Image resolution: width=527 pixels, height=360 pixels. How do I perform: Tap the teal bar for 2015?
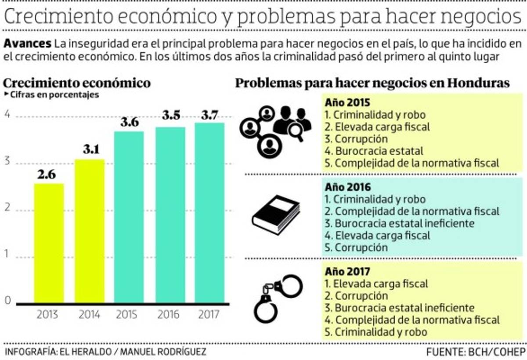(x=129, y=217)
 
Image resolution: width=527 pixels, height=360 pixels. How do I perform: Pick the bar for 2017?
(x=209, y=213)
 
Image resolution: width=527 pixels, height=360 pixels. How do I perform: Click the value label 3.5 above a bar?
(x=170, y=116)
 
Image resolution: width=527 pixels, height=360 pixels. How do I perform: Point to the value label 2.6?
(x=47, y=175)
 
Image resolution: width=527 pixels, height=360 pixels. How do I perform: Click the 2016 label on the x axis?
(x=169, y=315)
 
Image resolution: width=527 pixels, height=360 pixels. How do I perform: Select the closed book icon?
(x=276, y=216)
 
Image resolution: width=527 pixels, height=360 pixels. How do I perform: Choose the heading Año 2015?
(x=347, y=103)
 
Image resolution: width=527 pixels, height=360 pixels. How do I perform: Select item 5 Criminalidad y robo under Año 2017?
(x=376, y=332)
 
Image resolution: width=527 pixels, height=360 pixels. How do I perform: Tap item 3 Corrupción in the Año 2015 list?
(x=356, y=139)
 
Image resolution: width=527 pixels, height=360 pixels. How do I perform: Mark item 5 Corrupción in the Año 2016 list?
(x=356, y=247)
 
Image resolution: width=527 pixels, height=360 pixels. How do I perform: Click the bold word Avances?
(x=27, y=44)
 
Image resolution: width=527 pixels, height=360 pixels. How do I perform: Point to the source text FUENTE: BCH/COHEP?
(x=476, y=352)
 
